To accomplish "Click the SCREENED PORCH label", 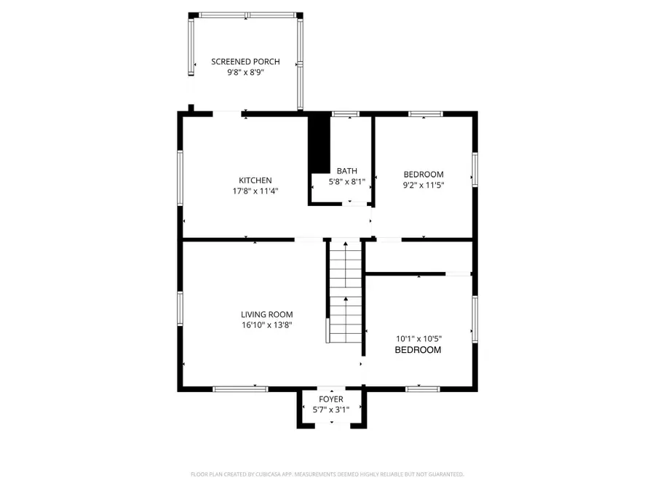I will click(245, 62).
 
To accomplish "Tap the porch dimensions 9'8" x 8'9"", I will click(245, 73).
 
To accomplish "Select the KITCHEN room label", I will click(255, 180).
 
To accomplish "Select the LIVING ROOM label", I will click(267, 314).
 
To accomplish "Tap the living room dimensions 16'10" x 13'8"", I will click(267, 326).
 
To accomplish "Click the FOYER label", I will click(331, 399).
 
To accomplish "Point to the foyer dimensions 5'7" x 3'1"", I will click(331, 410).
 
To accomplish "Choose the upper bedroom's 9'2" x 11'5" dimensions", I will click(424, 185).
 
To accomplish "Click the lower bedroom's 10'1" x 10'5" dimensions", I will click(418, 338).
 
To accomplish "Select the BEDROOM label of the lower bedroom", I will click(418, 350).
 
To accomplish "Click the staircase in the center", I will click(344, 291).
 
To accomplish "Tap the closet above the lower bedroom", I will click(418, 257).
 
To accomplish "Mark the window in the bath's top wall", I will click(345, 114).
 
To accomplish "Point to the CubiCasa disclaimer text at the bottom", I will click(327, 474).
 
